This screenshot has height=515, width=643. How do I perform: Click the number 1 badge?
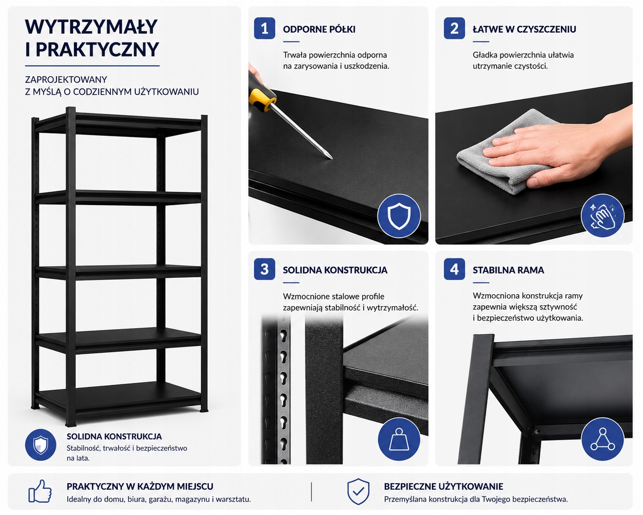tap(265, 28)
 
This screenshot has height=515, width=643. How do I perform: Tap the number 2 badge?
tap(454, 28)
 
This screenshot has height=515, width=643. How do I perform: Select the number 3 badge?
tap(265, 269)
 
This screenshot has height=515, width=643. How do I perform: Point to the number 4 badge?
tap(454, 269)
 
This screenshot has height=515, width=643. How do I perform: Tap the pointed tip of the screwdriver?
tap(332, 158)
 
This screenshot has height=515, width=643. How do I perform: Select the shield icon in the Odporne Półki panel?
tap(399, 216)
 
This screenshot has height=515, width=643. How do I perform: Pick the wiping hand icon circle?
tap(602, 216)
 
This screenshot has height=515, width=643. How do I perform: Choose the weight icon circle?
tap(399, 439)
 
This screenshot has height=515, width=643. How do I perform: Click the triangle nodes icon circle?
tap(602, 439)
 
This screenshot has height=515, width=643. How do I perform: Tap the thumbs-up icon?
tap(40, 491)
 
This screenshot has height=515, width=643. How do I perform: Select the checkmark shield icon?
tap(358, 491)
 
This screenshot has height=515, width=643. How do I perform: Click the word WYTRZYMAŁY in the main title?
tap(91, 27)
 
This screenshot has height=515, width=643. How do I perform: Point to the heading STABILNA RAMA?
tap(508, 270)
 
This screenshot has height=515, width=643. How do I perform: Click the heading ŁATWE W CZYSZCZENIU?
tap(524, 29)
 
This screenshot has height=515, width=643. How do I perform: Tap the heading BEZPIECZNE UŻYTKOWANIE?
tap(443, 486)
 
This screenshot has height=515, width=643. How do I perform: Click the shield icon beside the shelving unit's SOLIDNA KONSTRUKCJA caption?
tap(41, 445)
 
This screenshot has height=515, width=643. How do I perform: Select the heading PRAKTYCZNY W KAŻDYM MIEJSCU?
tap(140, 486)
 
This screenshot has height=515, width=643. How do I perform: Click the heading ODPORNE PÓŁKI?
tap(319, 29)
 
